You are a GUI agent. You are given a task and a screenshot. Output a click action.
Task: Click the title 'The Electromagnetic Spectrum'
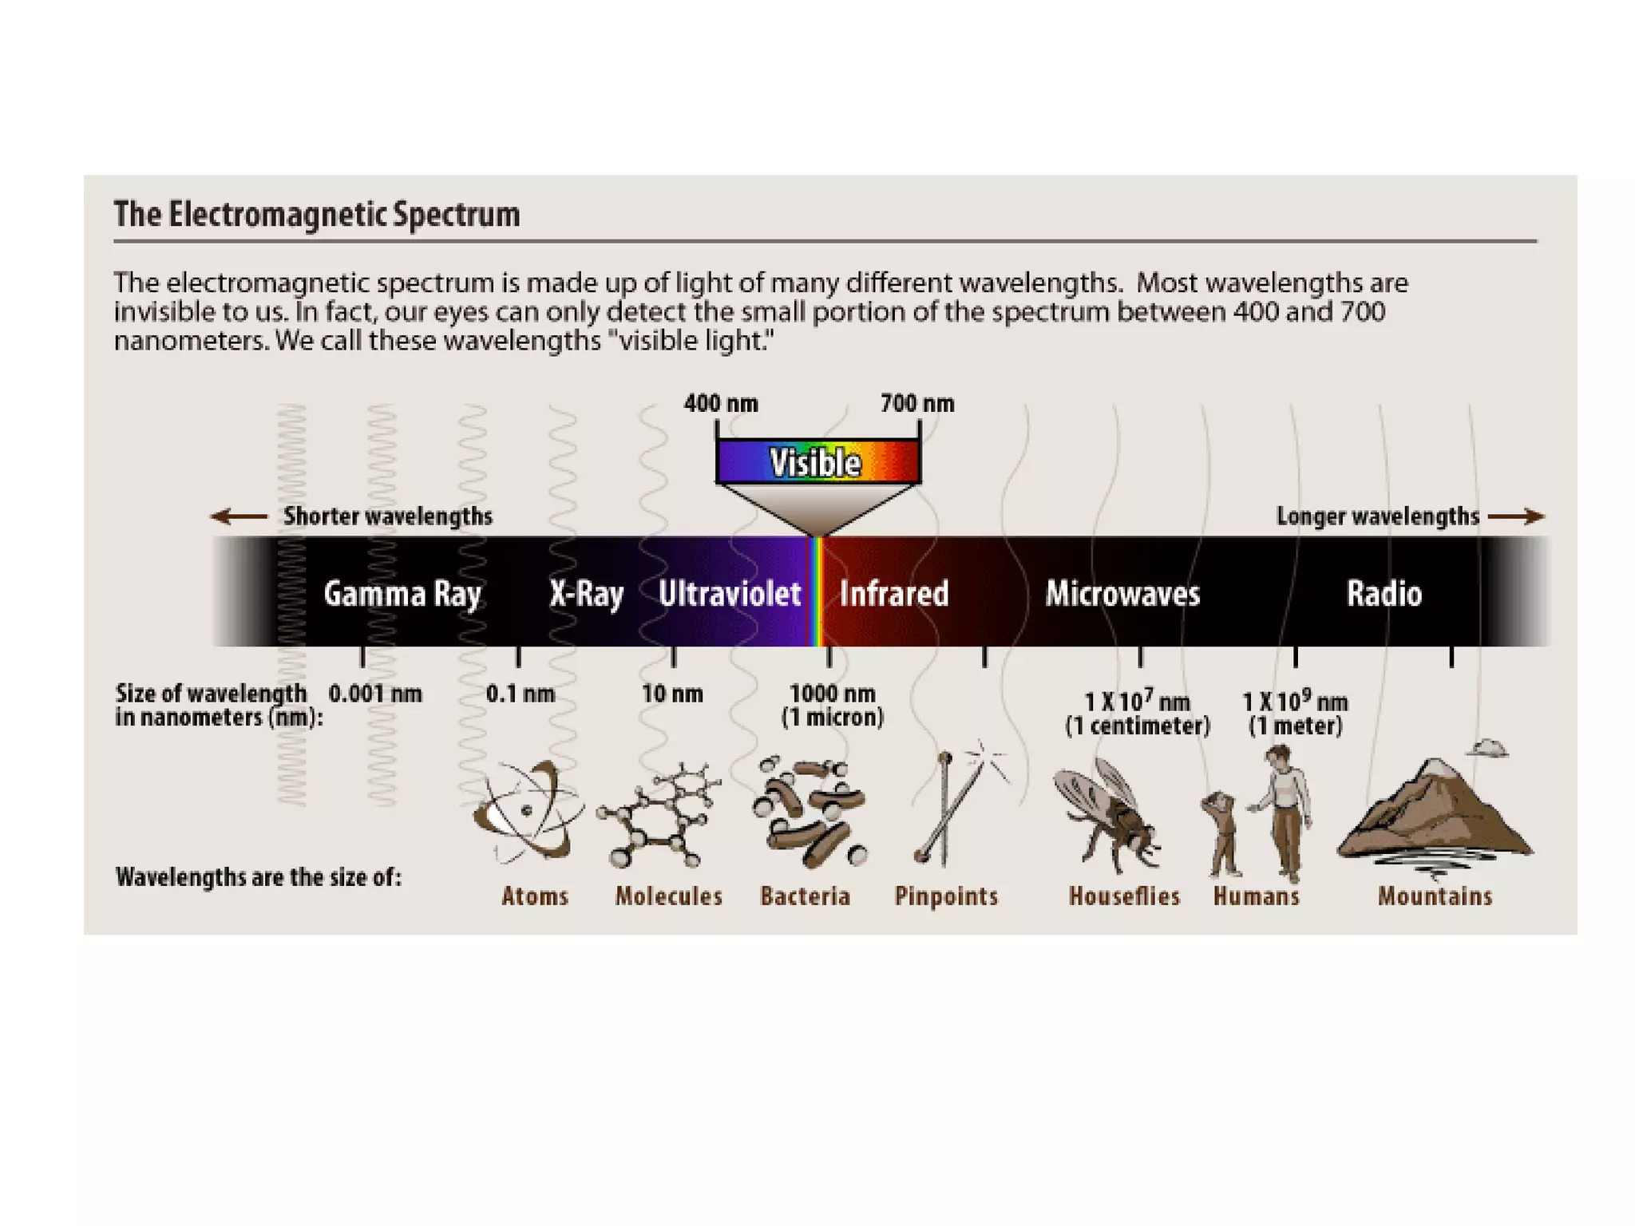pos(317,215)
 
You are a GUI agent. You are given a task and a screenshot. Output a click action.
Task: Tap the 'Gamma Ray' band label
pos(402,594)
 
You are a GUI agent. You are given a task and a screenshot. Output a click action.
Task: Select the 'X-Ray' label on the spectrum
pos(586,594)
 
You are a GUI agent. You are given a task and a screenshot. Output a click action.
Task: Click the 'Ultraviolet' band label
pos(730,594)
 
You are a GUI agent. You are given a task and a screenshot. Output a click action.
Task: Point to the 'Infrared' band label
pos(894,594)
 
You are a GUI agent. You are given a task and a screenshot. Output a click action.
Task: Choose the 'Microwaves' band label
pos(1122,594)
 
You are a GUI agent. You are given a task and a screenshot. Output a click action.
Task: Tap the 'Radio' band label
pos(1384,594)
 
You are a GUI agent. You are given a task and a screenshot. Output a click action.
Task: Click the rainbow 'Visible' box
pos(817,462)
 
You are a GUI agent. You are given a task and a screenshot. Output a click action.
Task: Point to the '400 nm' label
pos(721,404)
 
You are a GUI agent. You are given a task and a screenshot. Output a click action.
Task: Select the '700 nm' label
pos(917,404)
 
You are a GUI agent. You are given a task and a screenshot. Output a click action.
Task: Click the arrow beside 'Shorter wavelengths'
pos(239,516)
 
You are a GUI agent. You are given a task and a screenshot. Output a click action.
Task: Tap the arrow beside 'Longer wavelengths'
pos(1516,516)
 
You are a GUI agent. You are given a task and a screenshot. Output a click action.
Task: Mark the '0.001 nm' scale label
pos(375,694)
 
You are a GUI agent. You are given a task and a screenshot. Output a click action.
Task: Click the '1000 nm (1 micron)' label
pos(833,706)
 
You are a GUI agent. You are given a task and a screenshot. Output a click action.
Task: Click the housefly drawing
pos(1108,816)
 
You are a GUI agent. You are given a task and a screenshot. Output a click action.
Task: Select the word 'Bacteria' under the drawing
pos(805,896)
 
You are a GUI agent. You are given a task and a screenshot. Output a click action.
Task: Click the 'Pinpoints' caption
pos(946,896)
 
